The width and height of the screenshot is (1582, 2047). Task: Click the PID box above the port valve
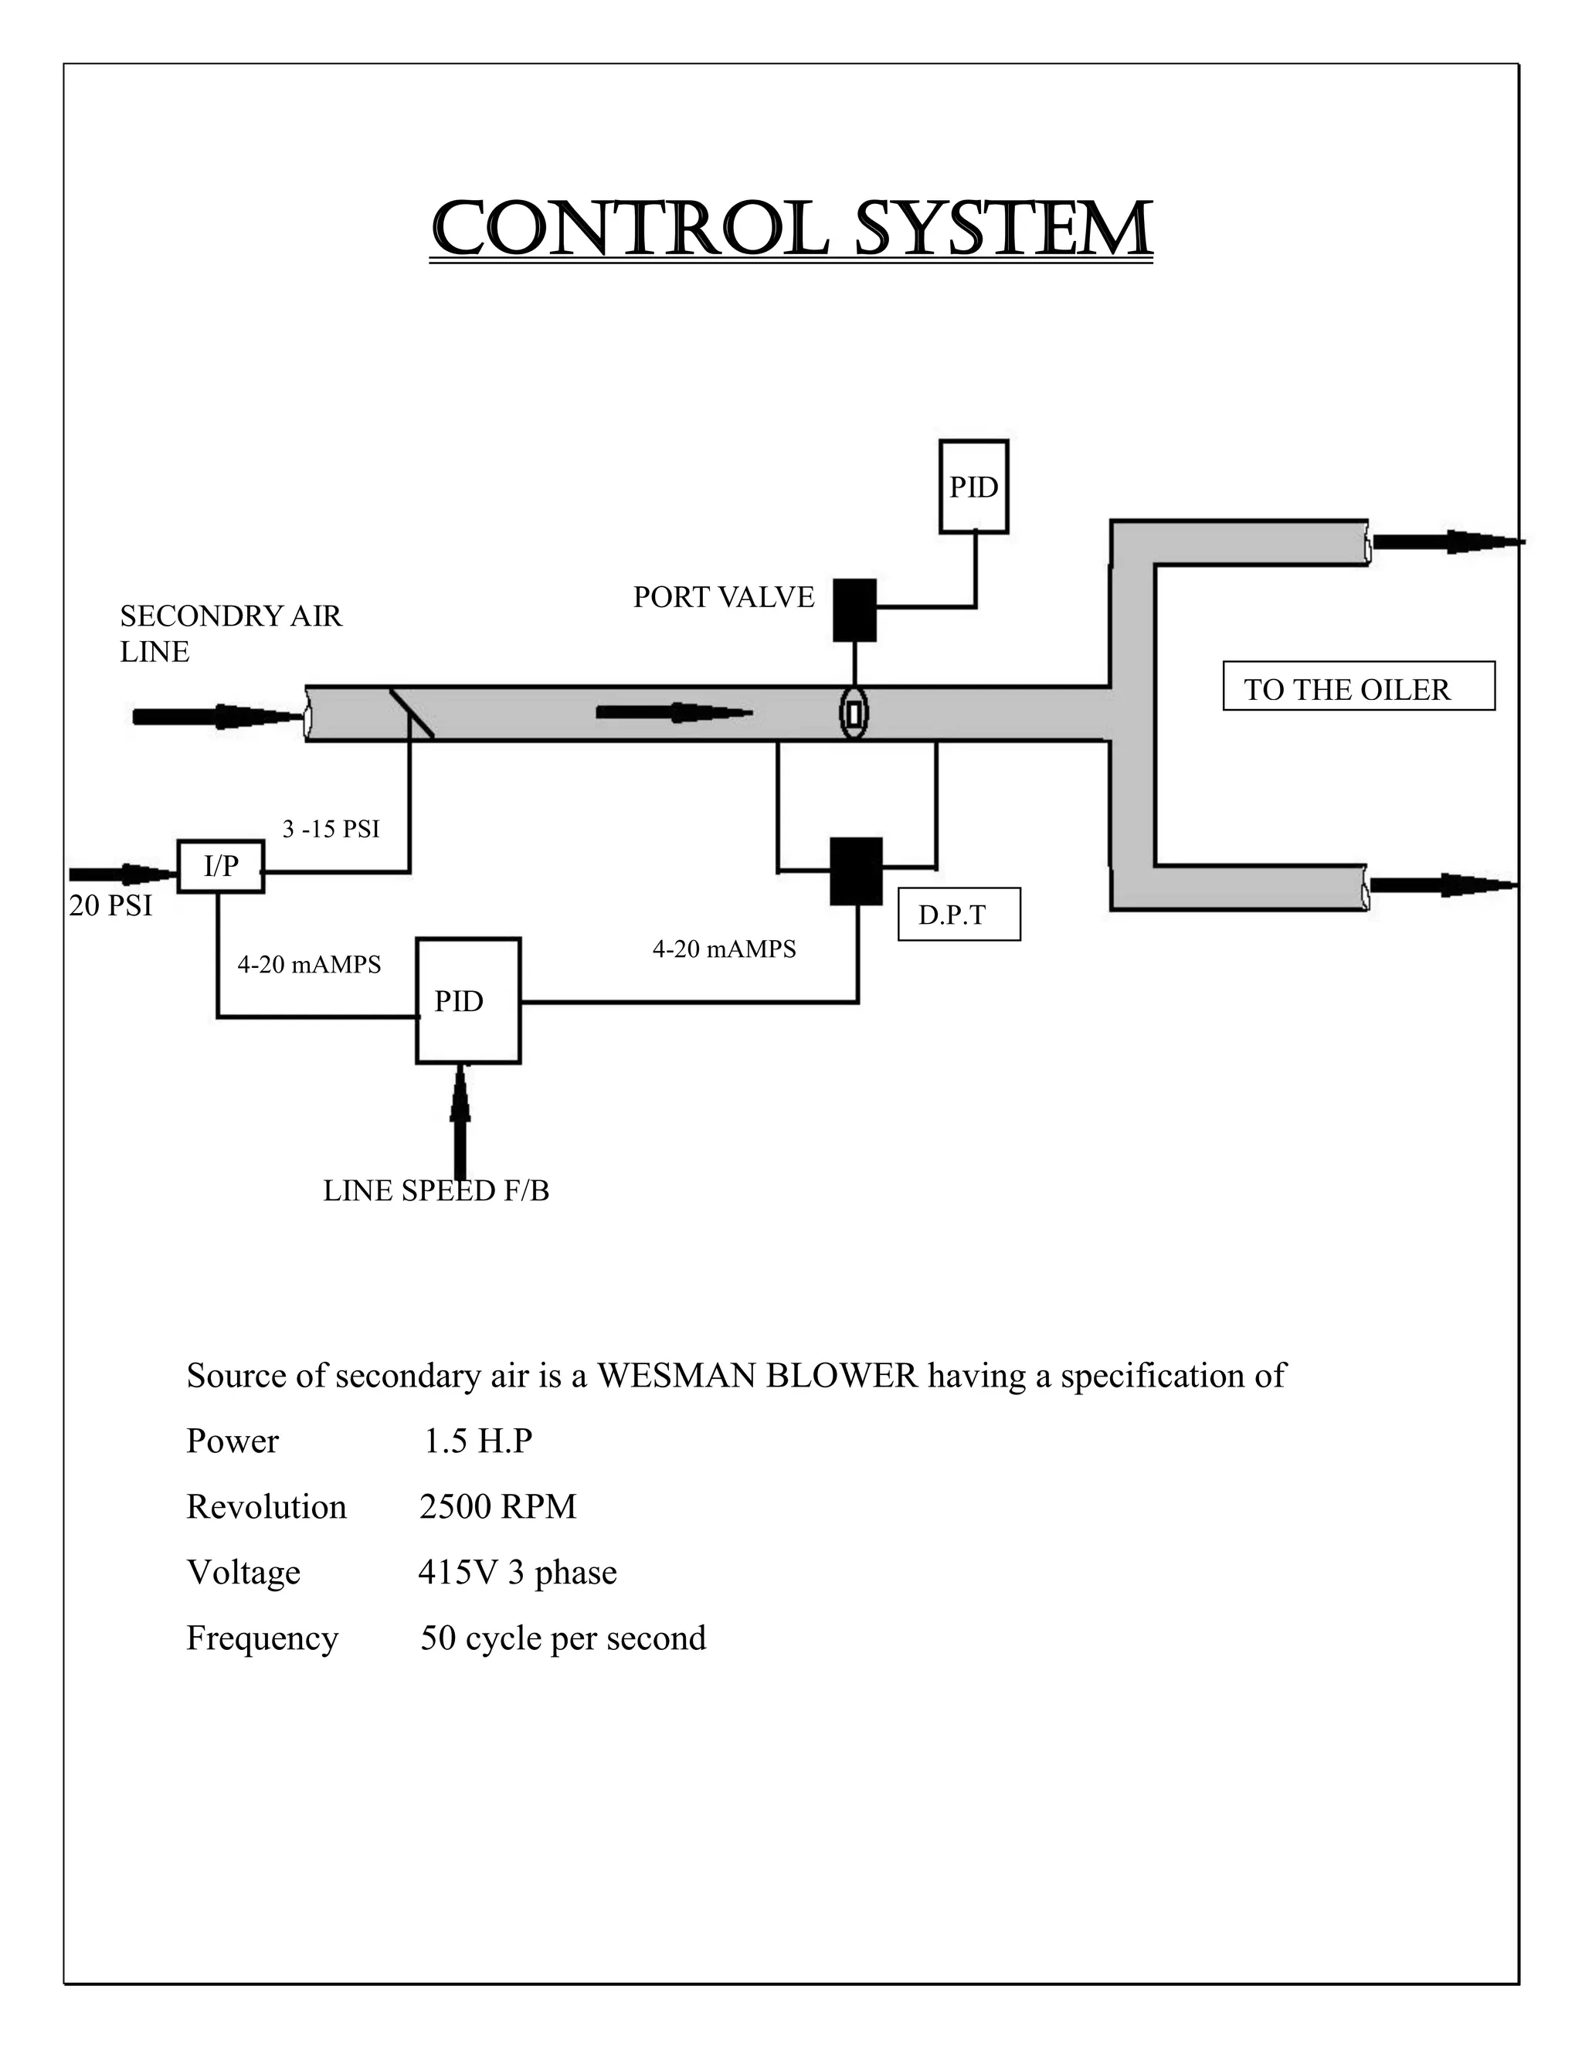(x=974, y=487)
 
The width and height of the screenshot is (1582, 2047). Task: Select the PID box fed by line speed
(x=467, y=1000)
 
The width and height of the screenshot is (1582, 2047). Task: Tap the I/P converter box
(x=220, y=866)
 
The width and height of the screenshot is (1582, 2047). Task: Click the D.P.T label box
(x=958, y=914)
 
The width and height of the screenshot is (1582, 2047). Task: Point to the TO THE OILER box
(x=1358, y=687)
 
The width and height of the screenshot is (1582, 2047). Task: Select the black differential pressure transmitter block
(x=856, y=871)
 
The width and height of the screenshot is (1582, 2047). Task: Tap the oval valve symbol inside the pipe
(x=854, y=713)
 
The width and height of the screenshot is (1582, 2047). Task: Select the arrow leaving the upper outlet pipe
(x=1443, y=541)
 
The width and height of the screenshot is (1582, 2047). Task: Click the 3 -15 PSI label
(x=331, y=829)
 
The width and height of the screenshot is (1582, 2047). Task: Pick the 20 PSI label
(x=110, y=906)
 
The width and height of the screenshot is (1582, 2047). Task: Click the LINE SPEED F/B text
(x=436, y=1190)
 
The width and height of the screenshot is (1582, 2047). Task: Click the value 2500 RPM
(x=497, y=1507)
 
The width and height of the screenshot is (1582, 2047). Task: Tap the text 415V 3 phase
(x=518, y=1573)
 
